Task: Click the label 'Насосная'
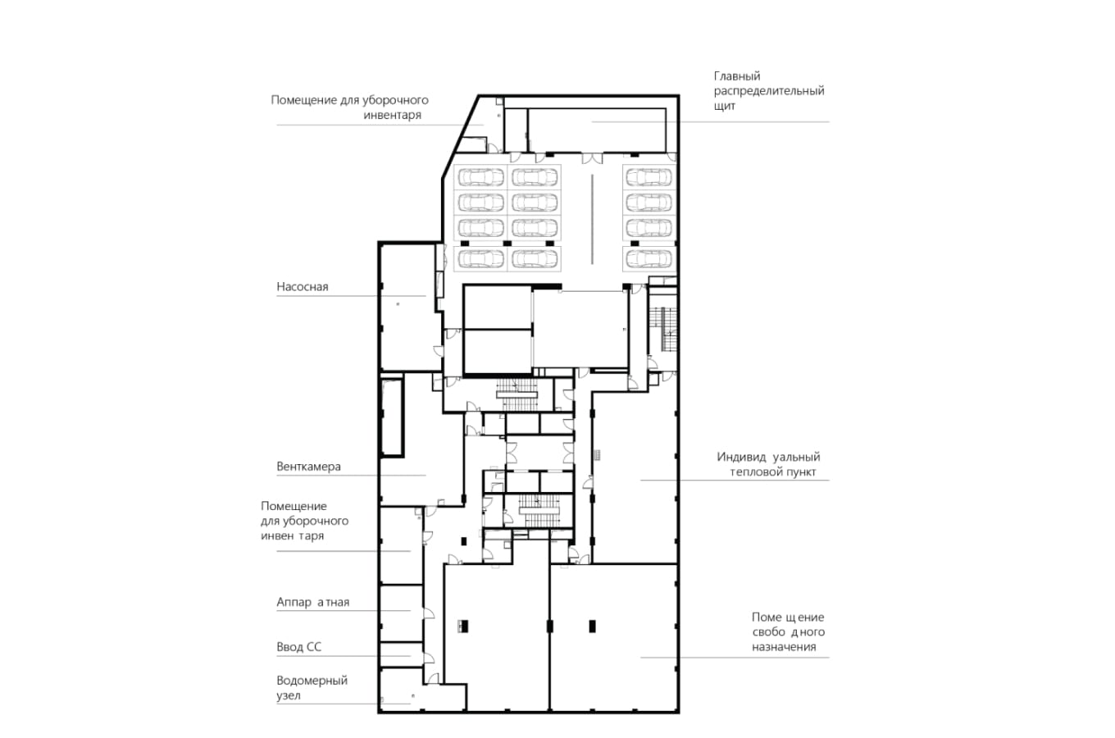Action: (303, 287)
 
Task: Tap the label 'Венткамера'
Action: (308, 467)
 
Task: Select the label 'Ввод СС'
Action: (299, 647)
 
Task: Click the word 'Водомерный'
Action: (312, 681)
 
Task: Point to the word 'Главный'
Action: (737, 76)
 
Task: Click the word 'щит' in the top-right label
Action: (725, 106)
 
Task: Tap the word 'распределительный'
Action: (769, 91)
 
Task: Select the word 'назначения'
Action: (784, 647)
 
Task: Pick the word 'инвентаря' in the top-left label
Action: (392, 115)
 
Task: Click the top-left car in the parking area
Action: (480, 177)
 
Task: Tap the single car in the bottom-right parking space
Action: (649, 259)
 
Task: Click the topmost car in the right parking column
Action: (649, 177)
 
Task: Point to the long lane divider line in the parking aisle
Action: (592, 219)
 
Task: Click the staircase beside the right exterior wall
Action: (662, 329)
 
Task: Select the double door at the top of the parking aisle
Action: (592, 158)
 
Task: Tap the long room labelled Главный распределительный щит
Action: (597, 130)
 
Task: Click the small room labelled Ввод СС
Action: (401, 654)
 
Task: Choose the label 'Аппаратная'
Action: (313, 602)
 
